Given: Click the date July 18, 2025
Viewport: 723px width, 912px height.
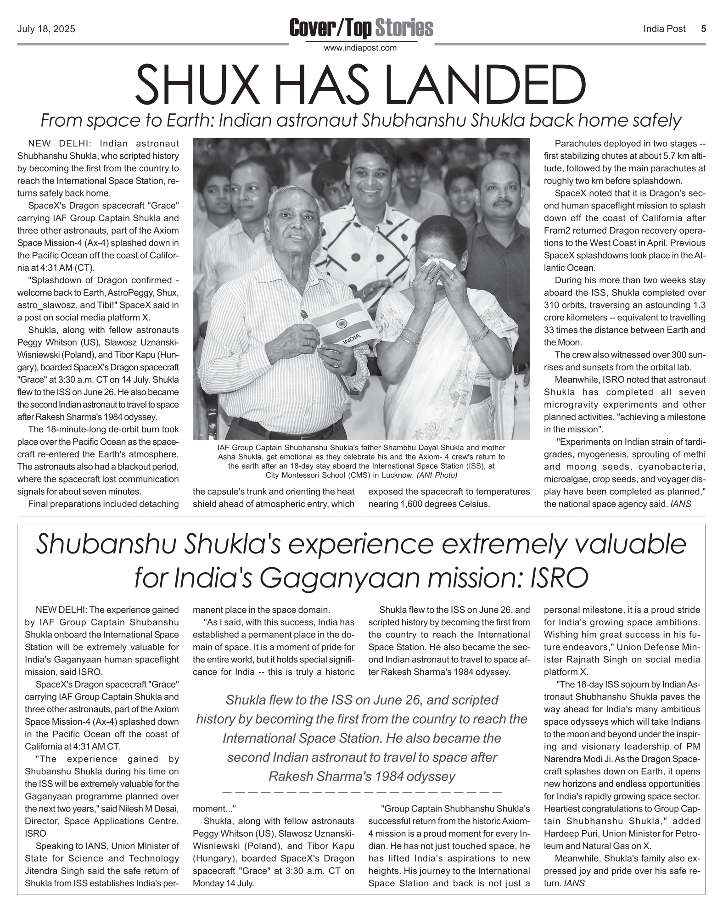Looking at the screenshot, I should pyautogui.click(x=46, y=29).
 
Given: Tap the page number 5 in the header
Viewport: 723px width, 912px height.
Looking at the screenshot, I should pyautogui.click(x=703, y=29).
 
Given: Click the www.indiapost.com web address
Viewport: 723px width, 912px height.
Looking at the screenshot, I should pyautogui.click(x=360, y=48).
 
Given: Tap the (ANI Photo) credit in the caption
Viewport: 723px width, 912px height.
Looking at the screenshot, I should pyautogui.click(x=437, y=475).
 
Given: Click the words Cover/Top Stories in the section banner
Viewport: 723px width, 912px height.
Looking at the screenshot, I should pyautogui.click(x=361, y=28).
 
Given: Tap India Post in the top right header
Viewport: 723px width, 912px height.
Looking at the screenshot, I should pyautogui.click(x=664, y=29).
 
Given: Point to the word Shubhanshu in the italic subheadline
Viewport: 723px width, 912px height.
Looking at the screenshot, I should pyautogui.click(x=407, y=121).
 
